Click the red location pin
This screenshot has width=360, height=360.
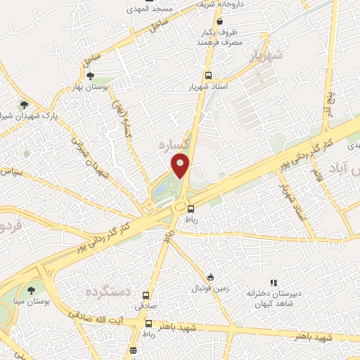click(181, 165)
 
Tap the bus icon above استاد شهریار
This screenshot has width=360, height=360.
click(208, 75)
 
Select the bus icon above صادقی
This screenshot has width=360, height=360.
click(146, 295)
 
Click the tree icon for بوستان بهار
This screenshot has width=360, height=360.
click(89, 76)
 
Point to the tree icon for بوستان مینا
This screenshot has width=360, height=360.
click(31, 290)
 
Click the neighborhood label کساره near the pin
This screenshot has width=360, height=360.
click(171, 143)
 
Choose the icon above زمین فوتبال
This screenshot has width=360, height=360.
click(210, 276)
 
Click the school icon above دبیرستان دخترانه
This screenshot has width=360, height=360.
click(274, 283)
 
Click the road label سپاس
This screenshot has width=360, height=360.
click(12, 171)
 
